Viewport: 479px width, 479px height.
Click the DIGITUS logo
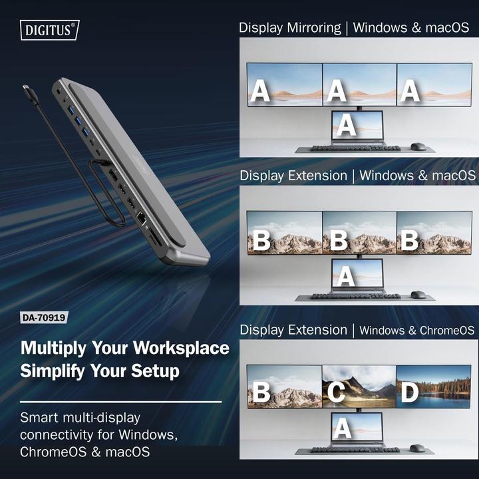coord(51,29)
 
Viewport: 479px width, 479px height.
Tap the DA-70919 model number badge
coord(45,317)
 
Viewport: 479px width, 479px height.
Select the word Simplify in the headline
coord(51,371)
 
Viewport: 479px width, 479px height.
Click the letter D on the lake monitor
coord(409,393)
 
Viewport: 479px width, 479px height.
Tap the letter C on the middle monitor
coord(336,393)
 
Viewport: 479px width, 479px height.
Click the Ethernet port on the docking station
coord(141,217)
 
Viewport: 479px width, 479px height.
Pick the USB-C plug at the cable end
coord(27,90)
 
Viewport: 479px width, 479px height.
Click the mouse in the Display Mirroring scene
coord(418,146)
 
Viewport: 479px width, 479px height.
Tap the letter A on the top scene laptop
coord(345,124)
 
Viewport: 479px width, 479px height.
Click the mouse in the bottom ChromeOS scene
coord(418,449)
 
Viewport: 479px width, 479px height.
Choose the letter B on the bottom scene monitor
coord(261,393)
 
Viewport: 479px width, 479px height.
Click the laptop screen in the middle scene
coord(358,273)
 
